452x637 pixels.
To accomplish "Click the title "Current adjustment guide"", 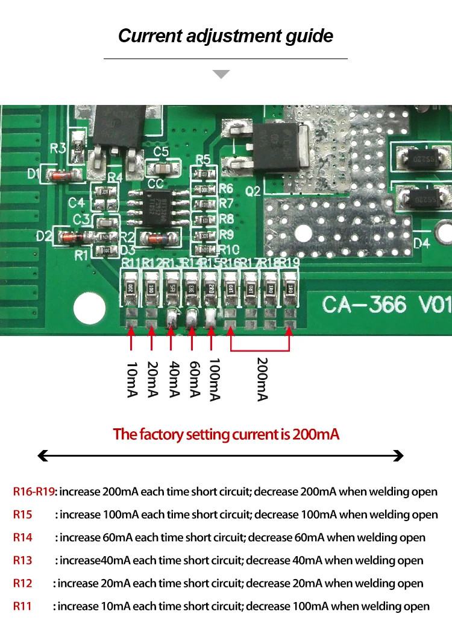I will click(225, 36).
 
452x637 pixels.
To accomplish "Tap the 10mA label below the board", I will click(131, 380).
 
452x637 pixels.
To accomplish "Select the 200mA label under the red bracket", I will click(262, 379).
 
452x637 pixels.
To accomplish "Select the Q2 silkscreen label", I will click(253, 191).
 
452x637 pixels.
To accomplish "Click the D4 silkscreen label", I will click(421, 244).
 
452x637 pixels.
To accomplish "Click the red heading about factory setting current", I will click(226, 434).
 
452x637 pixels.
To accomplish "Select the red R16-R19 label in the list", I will click(34, 492).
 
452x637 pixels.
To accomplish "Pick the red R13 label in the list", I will click(23, 560).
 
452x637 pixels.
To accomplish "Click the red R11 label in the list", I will click(22, 606).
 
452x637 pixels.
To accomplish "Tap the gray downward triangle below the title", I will click(221, 74).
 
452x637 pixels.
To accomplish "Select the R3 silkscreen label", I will click(58, 148).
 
